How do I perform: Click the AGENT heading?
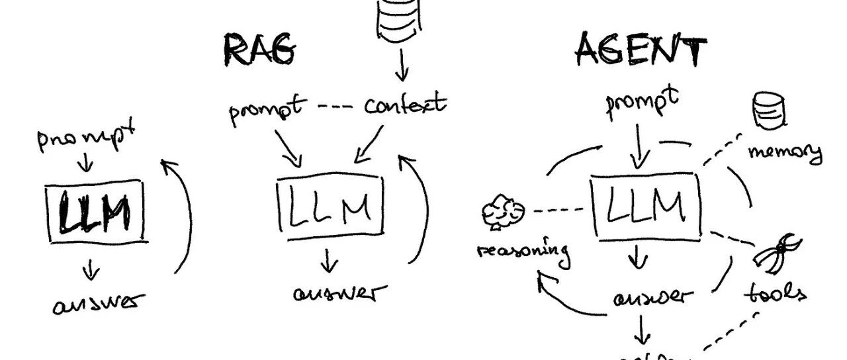click(x=640, y=49)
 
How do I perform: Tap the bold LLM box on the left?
click(x=94, y=212)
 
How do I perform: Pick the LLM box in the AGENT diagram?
click(x=645, y=207)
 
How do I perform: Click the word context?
click(x=405, y=105)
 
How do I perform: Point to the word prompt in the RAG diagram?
click(x=267, y=109)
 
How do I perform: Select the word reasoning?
click(x=523, y=251)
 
